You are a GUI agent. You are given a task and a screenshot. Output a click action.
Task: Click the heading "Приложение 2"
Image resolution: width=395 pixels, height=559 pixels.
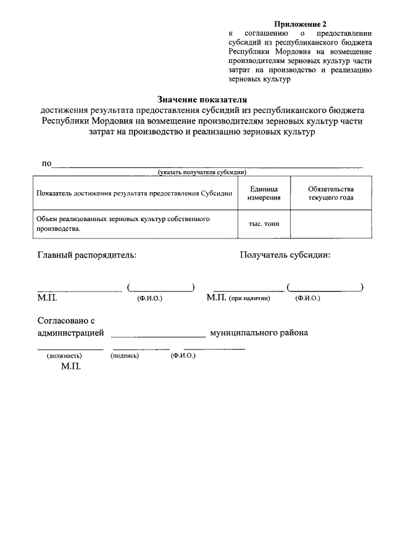click(x=299, y=23)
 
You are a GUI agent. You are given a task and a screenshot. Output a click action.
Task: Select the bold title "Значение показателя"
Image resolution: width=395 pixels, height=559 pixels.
click(x=202, y=99)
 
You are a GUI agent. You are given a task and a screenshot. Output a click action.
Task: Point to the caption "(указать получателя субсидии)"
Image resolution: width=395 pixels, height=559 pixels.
click(x=202, y=172)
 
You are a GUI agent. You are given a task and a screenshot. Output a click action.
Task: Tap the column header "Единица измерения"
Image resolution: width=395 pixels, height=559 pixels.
click(x=264, y=193)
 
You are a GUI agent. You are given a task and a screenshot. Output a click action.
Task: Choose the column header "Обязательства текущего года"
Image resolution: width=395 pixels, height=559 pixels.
click(x=331, y=193)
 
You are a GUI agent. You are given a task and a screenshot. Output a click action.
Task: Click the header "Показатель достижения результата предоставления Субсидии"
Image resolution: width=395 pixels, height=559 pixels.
click(x=135, y=193)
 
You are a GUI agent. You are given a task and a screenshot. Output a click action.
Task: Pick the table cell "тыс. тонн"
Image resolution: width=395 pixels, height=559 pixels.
click(x=264, y=225)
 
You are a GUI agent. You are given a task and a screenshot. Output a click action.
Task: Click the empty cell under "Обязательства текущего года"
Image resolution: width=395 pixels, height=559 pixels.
click(x=331, y=225)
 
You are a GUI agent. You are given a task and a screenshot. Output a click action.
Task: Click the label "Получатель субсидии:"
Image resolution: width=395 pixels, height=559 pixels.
click(x=285, y=255)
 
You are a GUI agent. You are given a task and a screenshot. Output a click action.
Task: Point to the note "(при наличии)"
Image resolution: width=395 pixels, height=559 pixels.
click(x=250, y=298)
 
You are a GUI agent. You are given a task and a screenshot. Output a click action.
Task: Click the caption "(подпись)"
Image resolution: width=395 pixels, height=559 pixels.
click(x=125, y=356)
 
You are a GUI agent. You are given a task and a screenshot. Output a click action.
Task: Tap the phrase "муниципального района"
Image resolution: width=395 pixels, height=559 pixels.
click(x=259, y=333)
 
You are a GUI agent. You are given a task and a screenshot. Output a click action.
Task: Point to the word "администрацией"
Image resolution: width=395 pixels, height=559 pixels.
click(x=71, y=333)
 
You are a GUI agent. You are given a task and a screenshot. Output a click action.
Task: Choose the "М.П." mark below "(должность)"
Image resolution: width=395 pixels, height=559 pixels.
click(x=72, y=367)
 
